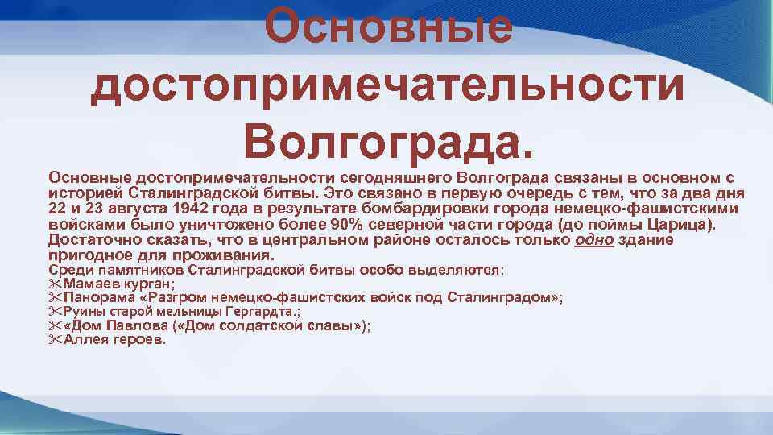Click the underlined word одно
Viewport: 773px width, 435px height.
[x=593, y=240]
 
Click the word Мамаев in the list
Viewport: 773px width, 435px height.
[x=90, y=284]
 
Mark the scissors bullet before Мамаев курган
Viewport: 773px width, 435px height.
[x=55, y=284]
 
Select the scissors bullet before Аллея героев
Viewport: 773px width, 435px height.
[x=55, y=339]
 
